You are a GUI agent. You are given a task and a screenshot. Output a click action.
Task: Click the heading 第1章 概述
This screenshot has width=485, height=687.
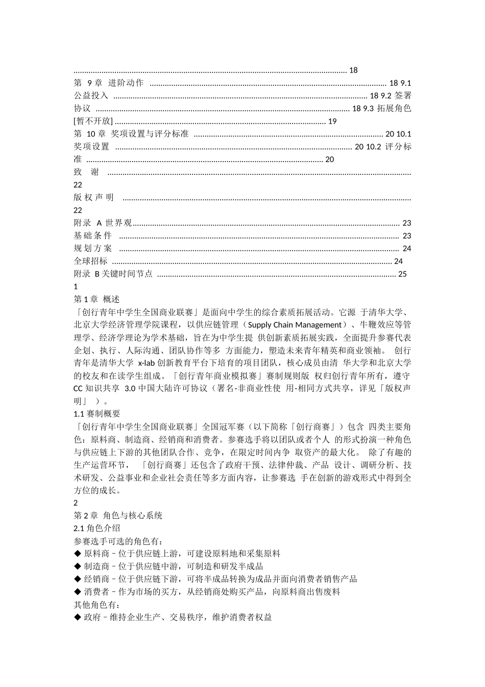pyautogui.click(x=96, y=299)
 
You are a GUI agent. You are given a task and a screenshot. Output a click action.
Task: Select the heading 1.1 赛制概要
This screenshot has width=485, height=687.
pyautogui.click(x=97, y=414)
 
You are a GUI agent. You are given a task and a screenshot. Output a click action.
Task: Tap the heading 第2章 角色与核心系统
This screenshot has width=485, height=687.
pyautogui.click(x=118, y=515)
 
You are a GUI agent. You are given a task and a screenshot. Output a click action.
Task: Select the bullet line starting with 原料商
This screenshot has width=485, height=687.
pyautogui.click(x=177, y=554)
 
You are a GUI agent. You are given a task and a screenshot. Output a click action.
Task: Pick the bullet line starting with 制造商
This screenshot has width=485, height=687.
pyautogui.click(x=168, y=566)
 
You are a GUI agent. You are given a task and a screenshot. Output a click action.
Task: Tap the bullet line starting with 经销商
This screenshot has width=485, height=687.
pyautogui.click(x=215, y=579)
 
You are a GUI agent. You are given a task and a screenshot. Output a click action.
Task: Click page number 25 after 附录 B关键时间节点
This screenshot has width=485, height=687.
pyautogui.click(x=402, y=274)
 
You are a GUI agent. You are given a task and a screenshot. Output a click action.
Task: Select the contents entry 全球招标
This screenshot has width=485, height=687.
pyautogui.click(x=91, y=261)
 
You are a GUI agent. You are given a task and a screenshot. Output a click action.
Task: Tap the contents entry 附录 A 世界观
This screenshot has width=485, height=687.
pyautogui.click(x=103, y=223)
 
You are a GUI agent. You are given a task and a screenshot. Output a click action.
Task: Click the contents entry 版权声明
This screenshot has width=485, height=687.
pyautogui.click(x=94, y=197)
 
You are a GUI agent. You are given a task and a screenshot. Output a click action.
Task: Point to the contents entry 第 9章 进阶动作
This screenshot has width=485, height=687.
pyautogui.click(x=109, y=83)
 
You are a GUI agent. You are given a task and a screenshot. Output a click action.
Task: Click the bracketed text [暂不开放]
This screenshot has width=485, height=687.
pyautogui.click(x=93, y=121)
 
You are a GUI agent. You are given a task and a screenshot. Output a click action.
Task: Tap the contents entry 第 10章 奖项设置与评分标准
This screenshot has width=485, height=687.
pyautogui.click(x=131, y=134)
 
